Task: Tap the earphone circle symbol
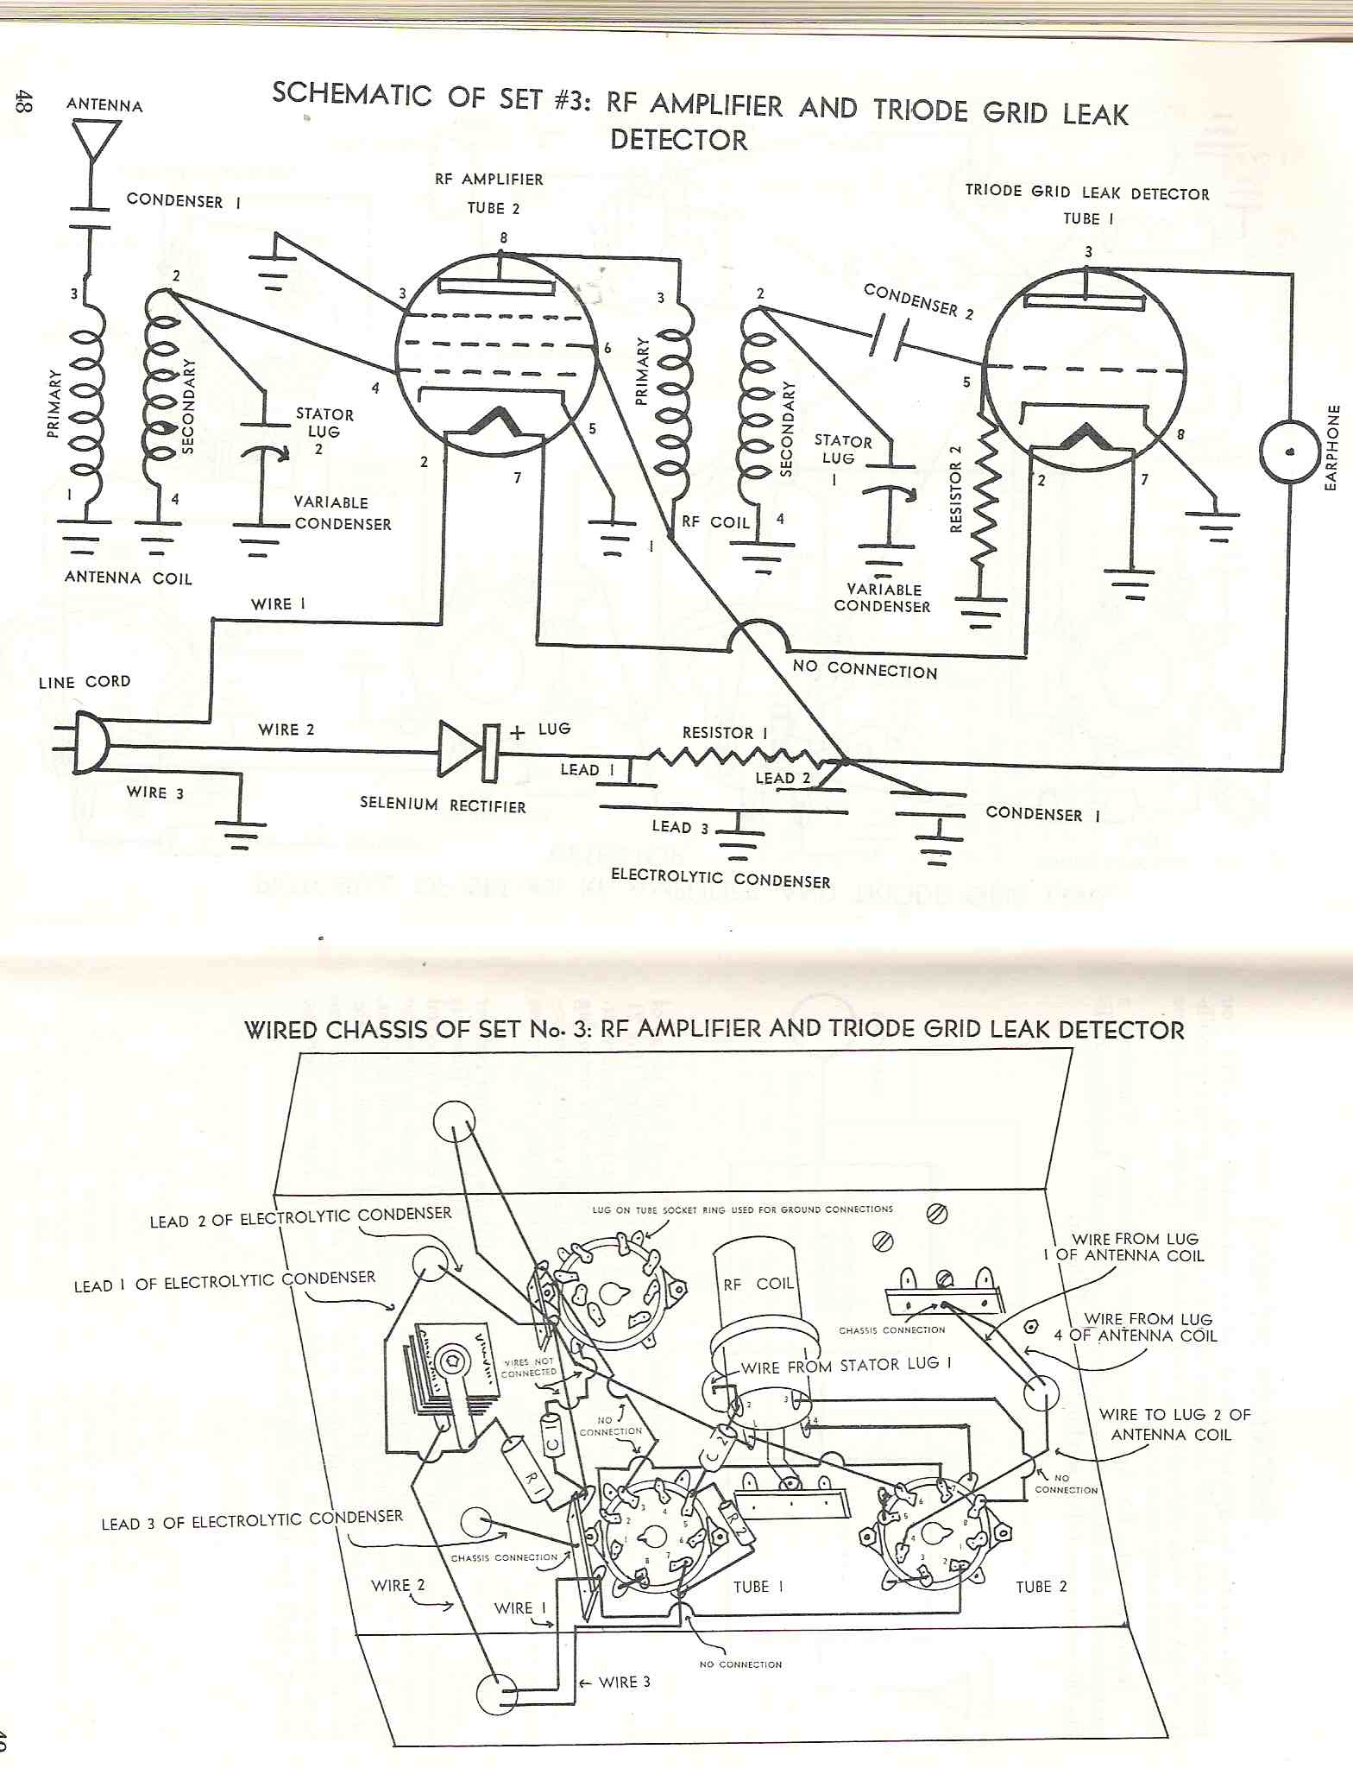coord(1290,452)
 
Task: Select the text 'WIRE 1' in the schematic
coord(278,604)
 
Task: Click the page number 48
coord(22,102)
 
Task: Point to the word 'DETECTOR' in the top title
coord(678,140)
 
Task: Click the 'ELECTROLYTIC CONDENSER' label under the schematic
coord(721,879)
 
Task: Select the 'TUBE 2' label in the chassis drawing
coord(1041,1587)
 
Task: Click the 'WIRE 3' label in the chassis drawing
coord(624,1682)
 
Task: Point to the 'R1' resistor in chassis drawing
coord(525,1462)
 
